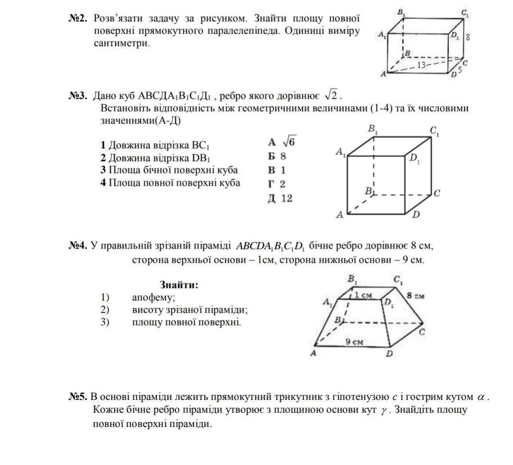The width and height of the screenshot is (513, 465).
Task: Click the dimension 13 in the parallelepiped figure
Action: (x=421, y=66)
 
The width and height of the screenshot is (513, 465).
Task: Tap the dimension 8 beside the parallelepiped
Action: (x=468, y=37)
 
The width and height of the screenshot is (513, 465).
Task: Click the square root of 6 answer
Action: (x=289, y=142)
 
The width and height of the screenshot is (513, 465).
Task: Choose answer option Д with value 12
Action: (x=280, y=198)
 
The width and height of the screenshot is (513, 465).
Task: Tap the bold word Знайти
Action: (x=179, y=285)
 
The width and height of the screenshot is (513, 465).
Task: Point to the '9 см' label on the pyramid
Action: (x=354, y=342)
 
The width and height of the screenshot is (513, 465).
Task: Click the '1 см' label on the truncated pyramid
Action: (x=364, y=295)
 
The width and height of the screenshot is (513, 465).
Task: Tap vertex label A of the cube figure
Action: (x=340, y=215)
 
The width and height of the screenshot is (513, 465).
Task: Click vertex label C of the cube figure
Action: (x=437, y=193)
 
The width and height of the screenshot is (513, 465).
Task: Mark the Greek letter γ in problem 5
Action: (x=384, y=410)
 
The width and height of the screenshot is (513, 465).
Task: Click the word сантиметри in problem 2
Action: (x=122, y=43)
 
